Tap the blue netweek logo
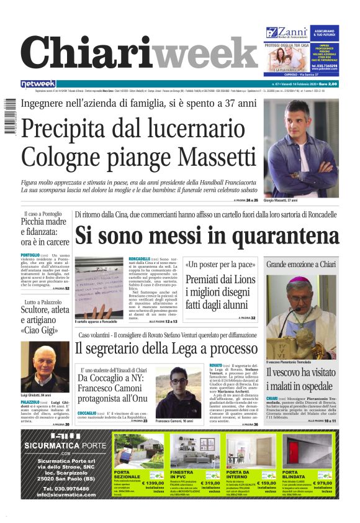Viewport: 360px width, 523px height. (38, 84)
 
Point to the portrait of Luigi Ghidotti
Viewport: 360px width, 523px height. (45, 366)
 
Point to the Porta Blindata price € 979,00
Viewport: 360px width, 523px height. (323, 482)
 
